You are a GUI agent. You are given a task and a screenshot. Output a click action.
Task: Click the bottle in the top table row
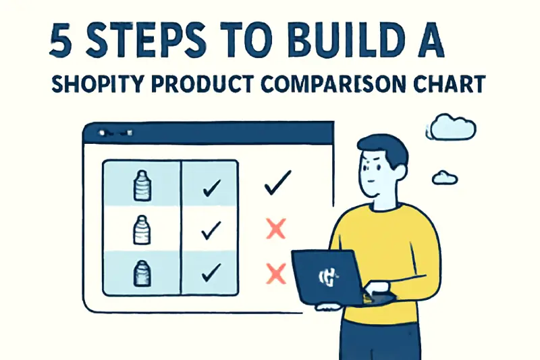tap(141, 186)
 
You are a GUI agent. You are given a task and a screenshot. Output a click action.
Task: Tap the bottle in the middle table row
tap(141, 230)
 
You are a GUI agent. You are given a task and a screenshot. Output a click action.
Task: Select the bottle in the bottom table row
tap(141, 273)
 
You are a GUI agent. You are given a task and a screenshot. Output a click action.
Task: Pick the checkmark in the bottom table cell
tap(211, 272)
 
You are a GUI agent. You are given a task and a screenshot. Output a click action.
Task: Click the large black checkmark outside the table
tap(277, 183)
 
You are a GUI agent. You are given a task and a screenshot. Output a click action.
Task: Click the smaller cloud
tap(445, 177)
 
